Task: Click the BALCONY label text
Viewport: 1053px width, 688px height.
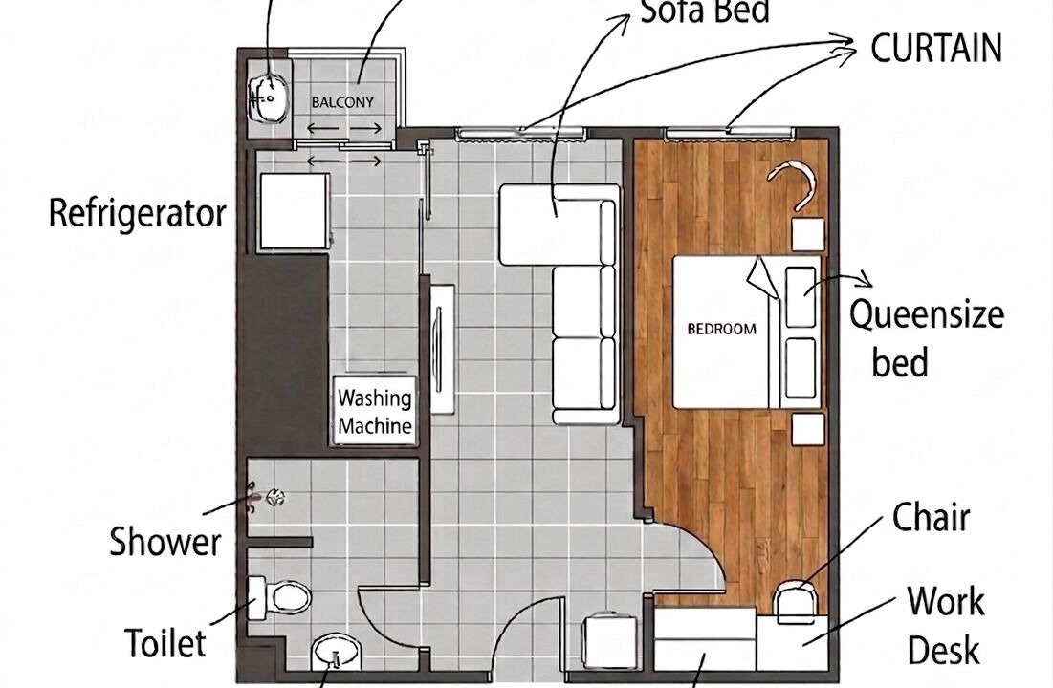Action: coord(342,102)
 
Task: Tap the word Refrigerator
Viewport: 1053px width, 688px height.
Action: coord(138,213)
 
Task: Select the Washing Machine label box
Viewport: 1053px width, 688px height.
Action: coord(375,412)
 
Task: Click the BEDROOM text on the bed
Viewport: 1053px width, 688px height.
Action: coord(722,329)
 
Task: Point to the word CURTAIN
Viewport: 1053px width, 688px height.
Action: coord(936,48)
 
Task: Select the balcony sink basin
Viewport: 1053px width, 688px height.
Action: coord(269,99)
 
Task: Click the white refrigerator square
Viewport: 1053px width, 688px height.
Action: coord(295,211)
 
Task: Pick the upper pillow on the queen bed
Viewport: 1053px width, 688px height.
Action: coord(801,296)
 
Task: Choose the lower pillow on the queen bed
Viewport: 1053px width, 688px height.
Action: coord(801,368)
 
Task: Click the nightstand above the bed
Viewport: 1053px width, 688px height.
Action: coord(807,234)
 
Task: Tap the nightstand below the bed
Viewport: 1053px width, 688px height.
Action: coord(807,429)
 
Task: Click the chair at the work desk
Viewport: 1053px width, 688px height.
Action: coord(796,603)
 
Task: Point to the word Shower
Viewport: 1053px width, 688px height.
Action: coord(165,541)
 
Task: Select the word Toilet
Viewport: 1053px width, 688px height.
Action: coord(165,643)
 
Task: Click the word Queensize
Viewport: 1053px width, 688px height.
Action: coord(927,314)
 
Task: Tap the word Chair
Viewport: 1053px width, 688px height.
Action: coord(931,518)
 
